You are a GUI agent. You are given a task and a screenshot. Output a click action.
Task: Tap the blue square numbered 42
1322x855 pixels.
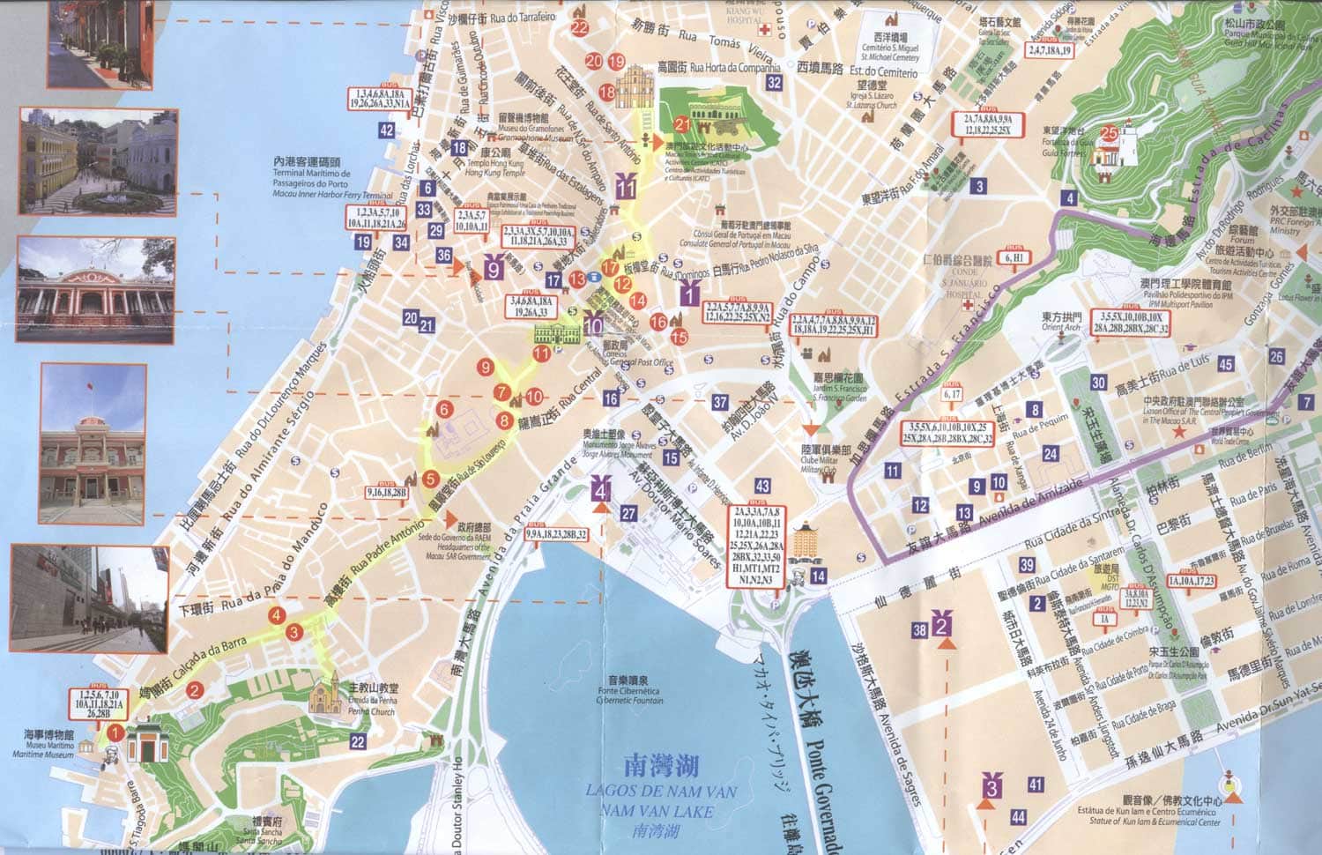coord(386,130)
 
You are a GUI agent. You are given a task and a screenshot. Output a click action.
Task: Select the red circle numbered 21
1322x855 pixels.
coord(682,123)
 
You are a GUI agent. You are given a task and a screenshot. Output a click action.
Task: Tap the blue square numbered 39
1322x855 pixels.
coord(1027,566)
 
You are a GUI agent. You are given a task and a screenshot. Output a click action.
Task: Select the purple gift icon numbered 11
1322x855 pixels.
coord(627,186)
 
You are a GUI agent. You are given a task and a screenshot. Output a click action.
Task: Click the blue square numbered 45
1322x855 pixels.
coord(1225,364)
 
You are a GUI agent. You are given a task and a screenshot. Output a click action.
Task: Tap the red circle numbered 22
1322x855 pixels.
coord(579,26)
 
